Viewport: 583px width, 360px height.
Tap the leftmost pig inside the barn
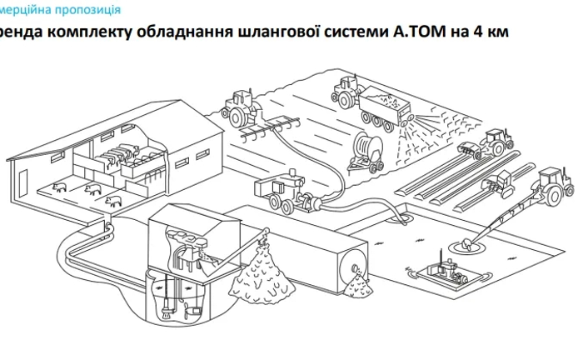click(59, 186)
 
